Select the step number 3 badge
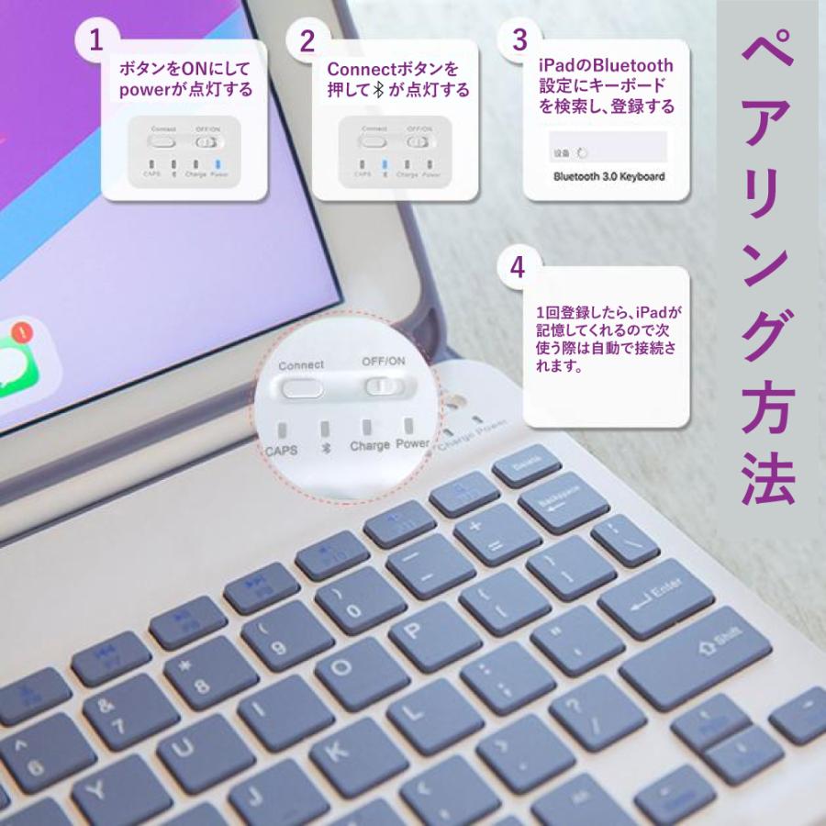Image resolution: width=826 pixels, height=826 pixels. point(519,41)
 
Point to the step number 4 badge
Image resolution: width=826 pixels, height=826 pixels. point(519,267)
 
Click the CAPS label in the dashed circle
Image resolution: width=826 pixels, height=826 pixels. point(282,450)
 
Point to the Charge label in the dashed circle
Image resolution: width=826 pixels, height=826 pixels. point(369,447)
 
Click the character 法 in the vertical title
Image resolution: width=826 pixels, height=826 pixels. point(769,481)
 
